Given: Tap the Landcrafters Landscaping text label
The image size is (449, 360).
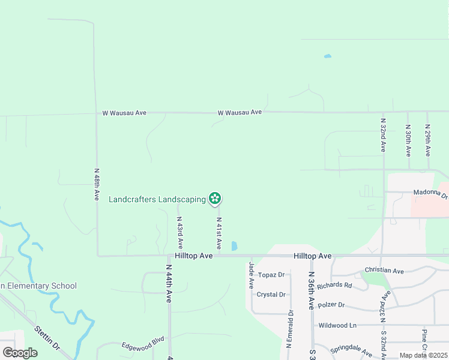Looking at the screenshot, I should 157,199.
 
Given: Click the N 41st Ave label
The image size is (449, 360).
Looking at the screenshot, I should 219,233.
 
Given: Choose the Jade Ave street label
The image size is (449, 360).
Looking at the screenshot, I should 252,275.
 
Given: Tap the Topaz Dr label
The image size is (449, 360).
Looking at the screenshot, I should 272,275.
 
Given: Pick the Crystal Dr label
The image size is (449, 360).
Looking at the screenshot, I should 271,295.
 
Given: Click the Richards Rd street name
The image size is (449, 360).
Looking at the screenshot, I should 334,285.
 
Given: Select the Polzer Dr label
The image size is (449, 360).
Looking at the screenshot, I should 331,305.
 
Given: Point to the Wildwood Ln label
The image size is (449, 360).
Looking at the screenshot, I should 337,325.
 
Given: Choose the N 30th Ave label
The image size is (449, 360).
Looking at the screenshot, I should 408,140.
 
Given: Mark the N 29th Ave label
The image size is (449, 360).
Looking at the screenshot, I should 428,140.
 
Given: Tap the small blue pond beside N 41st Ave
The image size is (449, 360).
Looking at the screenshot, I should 234,246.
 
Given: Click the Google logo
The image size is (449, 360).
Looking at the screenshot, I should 20,353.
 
